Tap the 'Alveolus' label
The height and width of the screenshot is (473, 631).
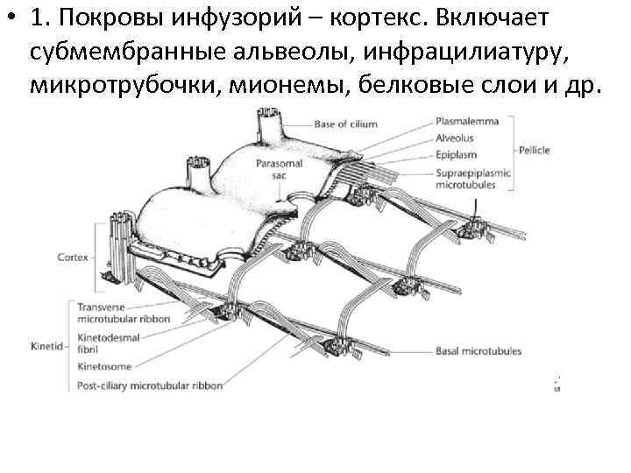tap(453, 138)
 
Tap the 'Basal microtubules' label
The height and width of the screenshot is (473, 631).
tap(478, 351)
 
